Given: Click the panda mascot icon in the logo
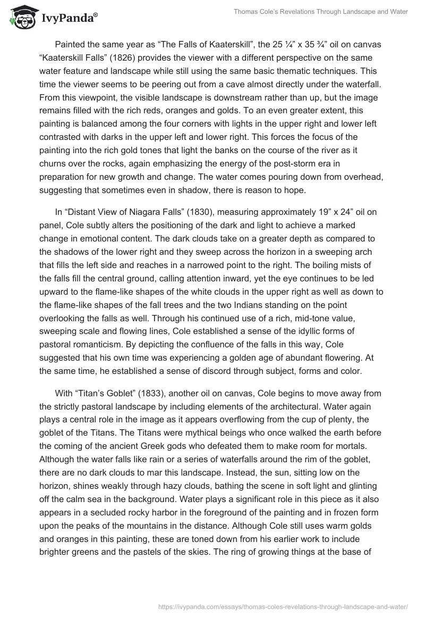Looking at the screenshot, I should pos(20,18).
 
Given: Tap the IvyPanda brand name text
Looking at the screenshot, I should pos(69,19).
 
